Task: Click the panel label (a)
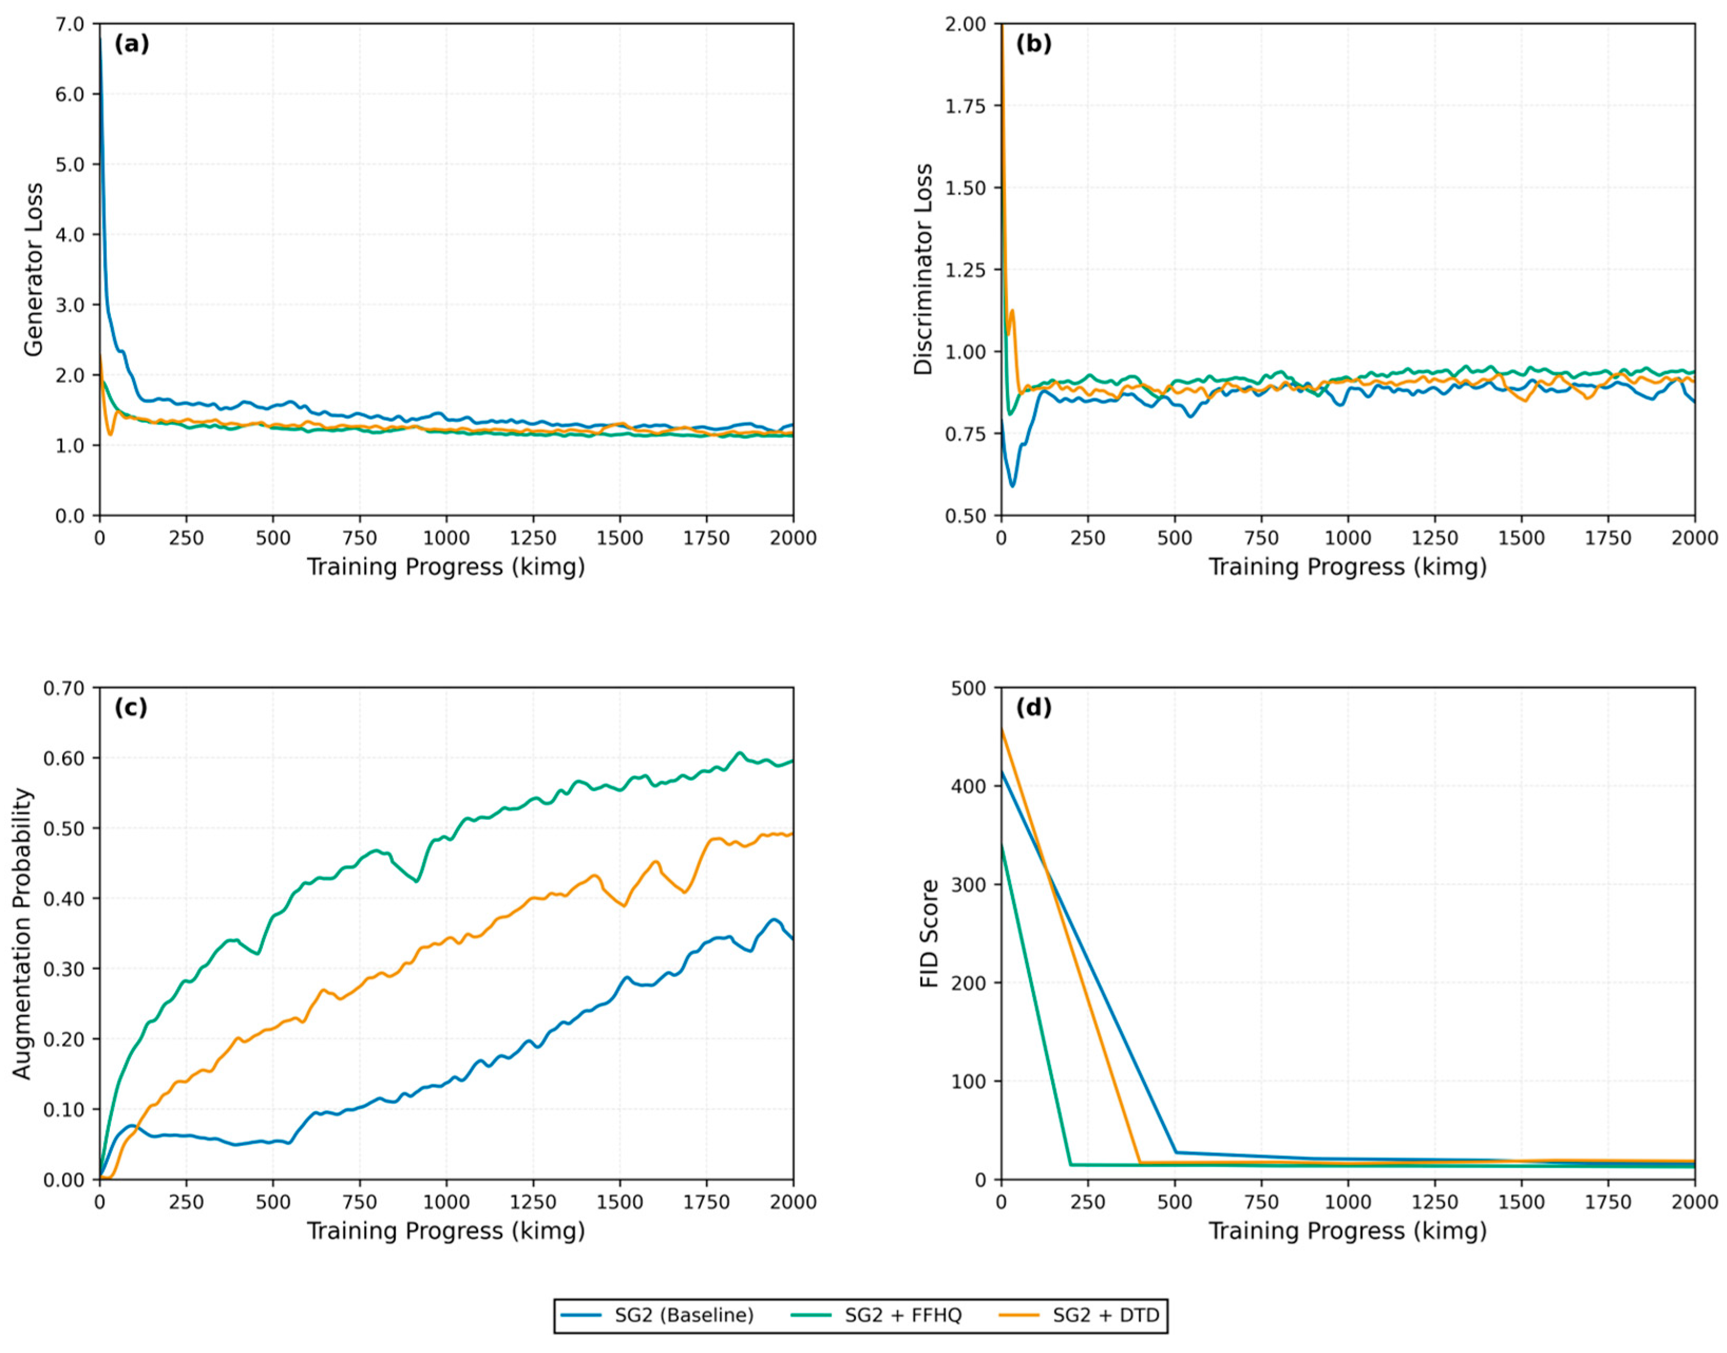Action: coord(131,44)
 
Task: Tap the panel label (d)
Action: coord(1034,708)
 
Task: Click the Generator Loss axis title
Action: coord(33,269)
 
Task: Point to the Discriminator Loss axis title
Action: coord(924,269)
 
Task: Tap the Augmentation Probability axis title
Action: coord(22,933)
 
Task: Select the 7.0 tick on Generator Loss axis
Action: coord(70,25)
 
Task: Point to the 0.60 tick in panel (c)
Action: coord(63,758)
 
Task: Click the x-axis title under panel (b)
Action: coord(1347,567)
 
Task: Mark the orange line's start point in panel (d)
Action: coord(1002,729)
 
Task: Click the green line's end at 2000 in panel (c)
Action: coord(792,761)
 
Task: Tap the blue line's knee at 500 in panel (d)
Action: coord(1176,1152)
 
